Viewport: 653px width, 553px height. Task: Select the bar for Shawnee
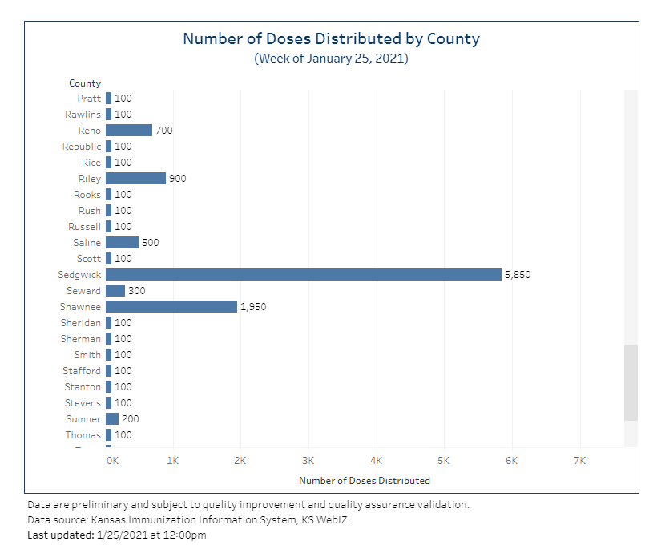pos(171,307)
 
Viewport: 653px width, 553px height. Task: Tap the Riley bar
pos(135,179)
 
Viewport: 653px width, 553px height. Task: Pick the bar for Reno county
pos(128,131)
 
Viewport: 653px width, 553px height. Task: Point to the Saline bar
pos(122,243)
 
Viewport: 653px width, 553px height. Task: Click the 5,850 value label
pos(518,275)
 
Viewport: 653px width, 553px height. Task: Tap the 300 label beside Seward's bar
pos(136,291)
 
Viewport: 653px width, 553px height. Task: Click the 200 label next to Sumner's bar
pos(130,419)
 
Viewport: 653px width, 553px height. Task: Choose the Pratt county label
pos(89,99)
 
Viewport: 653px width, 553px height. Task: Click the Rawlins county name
pos(83,115)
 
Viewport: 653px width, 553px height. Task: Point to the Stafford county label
pos(82,371)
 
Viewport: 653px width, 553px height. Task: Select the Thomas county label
pos(83,435)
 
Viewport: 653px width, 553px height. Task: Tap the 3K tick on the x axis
pos(308,461)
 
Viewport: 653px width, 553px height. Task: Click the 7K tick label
pos(580,461)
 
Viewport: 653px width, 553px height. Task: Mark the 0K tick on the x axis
pos(112,461)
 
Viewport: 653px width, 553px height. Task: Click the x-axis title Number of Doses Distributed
pos(365,481)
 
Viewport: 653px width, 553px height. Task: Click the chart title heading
pos(331,38)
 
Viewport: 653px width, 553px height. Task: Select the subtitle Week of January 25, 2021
pos(331,59)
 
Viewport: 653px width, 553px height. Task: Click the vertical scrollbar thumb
pos(631,382)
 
